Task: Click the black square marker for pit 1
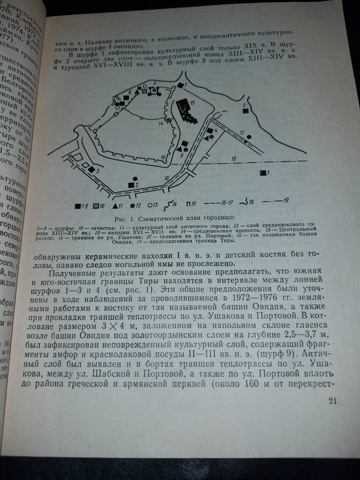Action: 263,172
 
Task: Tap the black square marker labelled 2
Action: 131,185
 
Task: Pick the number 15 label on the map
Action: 193,103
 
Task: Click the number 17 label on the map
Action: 242,132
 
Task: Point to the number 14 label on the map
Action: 161,123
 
